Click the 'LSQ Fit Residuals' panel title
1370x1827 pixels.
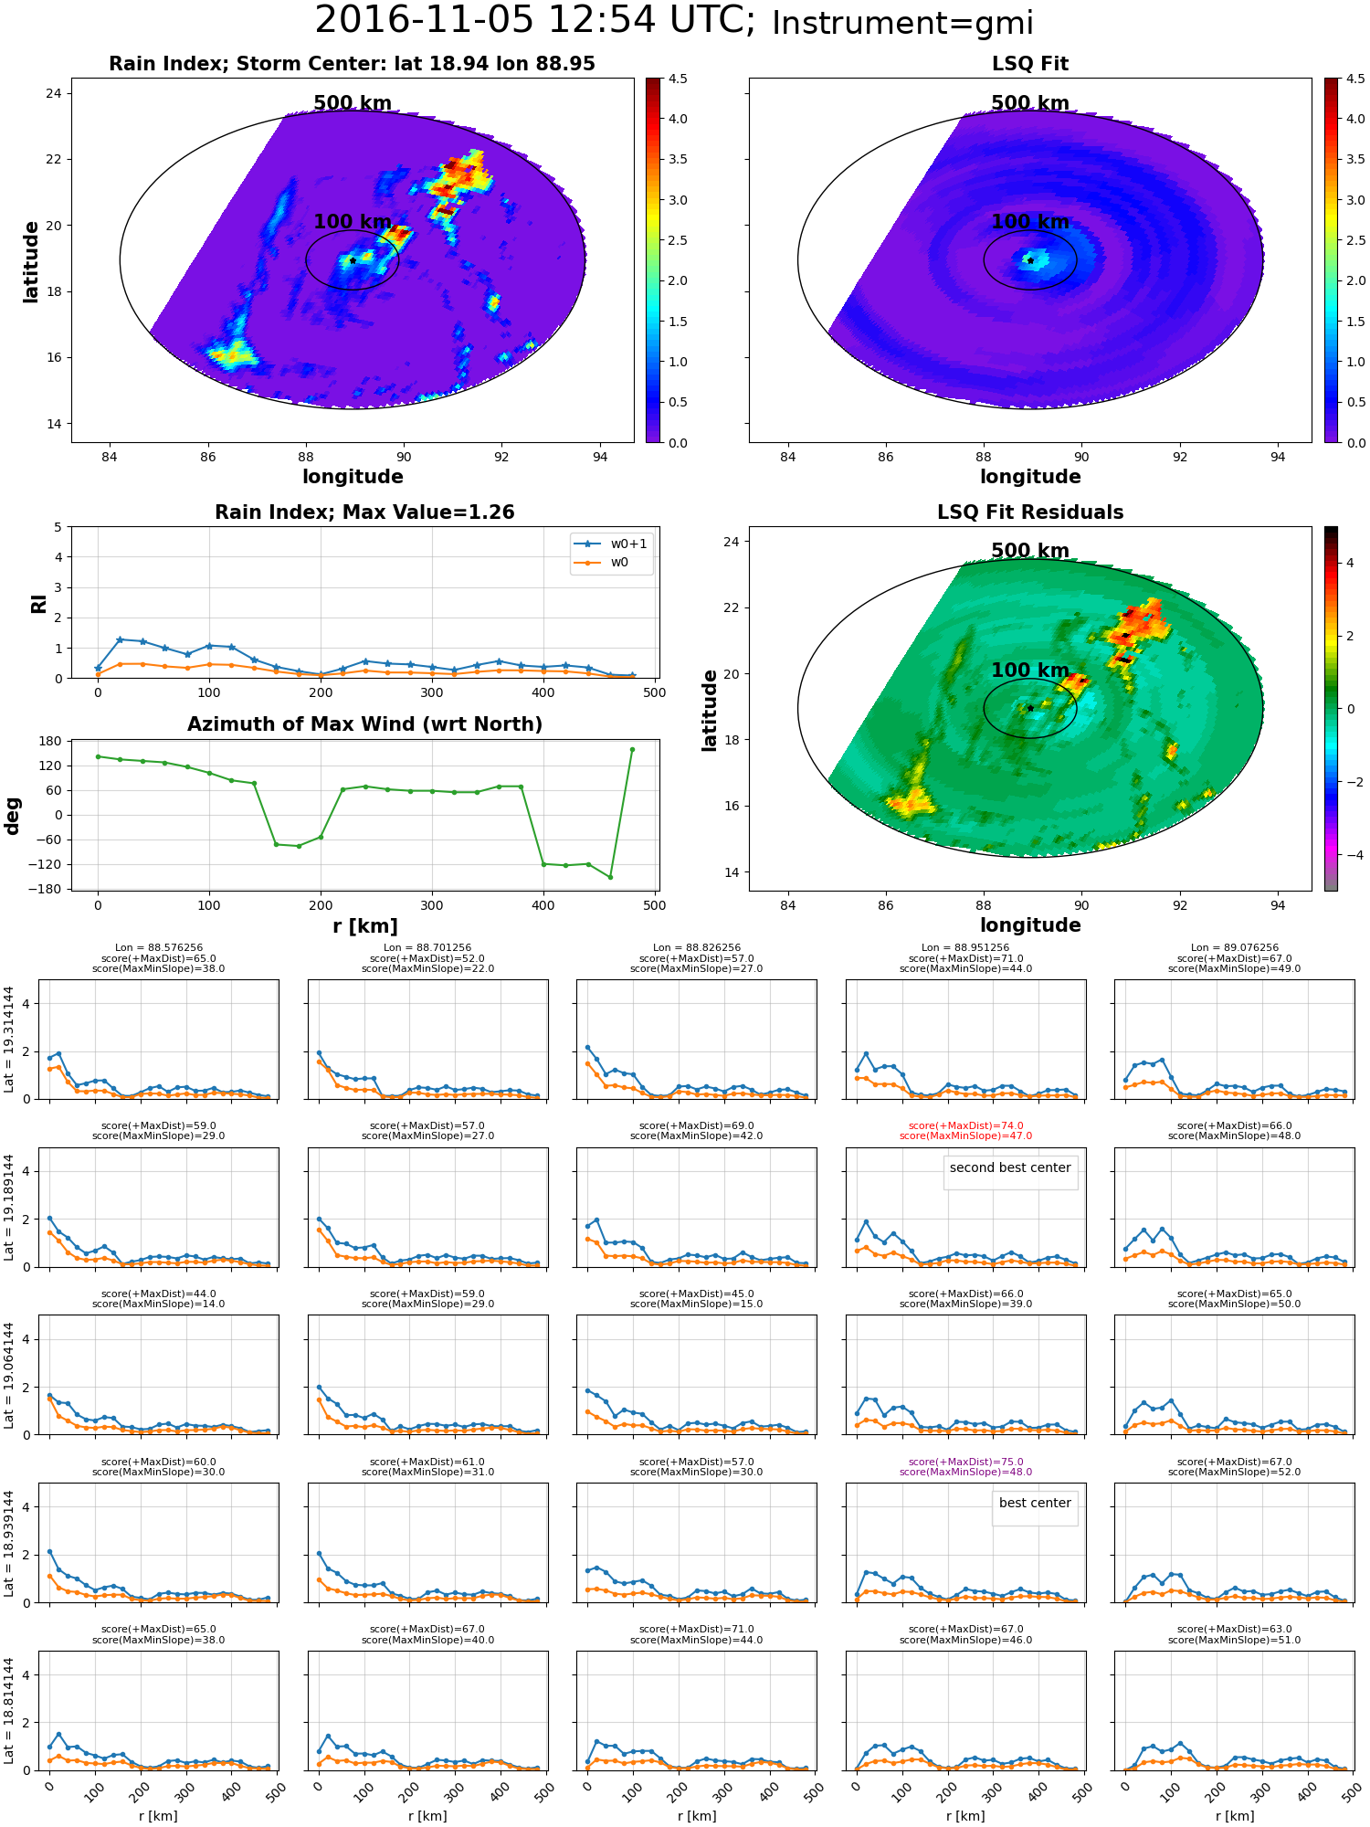1030,512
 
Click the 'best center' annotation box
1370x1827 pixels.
1035,1503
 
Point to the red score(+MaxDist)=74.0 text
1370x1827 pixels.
965,1125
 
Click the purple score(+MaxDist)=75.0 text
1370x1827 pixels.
965,1462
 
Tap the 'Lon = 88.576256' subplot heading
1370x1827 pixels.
159,948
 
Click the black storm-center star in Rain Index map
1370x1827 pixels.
353,260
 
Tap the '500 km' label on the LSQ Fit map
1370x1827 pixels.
1030,103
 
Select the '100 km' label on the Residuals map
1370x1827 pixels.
1030,671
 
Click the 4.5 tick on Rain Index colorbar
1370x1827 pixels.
678,79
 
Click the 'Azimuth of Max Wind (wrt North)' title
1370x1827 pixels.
364,724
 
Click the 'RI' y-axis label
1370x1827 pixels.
38,603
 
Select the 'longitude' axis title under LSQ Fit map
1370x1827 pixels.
1030,477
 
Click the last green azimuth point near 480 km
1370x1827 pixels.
632,749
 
